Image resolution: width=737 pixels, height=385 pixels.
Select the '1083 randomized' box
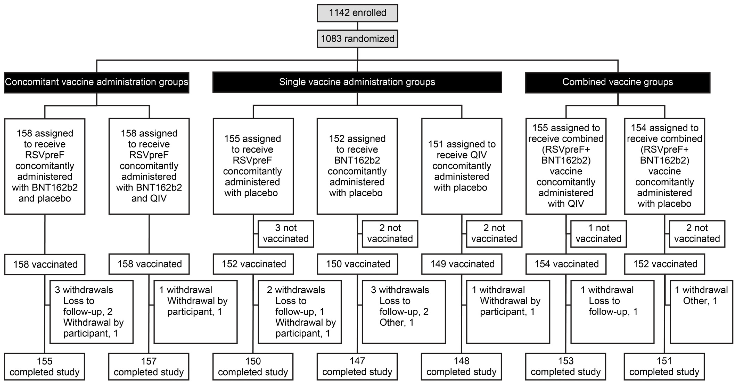coord(357,39)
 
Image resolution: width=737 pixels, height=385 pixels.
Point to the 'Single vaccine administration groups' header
coord(357,82)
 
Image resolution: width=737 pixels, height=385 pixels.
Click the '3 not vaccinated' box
coord(286,234)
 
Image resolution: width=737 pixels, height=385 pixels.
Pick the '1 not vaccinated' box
coord(598,234)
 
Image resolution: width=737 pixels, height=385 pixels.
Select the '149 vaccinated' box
coord(462,264)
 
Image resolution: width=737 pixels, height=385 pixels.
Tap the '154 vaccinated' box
coord(566,264)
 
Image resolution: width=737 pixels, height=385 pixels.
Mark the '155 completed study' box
coord(45,367)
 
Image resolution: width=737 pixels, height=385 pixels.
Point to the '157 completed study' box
coord(149,367)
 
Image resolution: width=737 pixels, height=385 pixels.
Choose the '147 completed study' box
coord(357,367)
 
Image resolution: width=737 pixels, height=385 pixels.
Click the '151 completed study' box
coord(664,367)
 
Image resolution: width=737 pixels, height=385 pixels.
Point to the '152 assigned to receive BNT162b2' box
coord(357,166)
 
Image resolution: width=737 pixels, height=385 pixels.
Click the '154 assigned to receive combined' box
coord(664,166)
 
